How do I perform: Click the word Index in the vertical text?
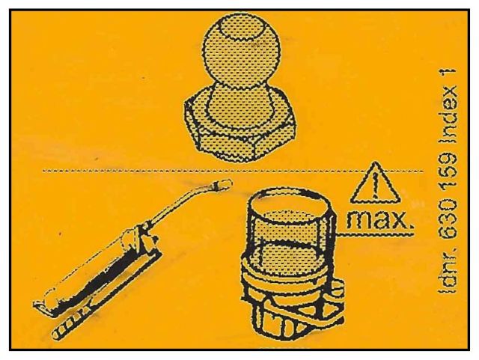coord(448,117)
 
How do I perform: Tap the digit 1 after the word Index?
coord(448,75)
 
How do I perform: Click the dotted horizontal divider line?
coord(233,171)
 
